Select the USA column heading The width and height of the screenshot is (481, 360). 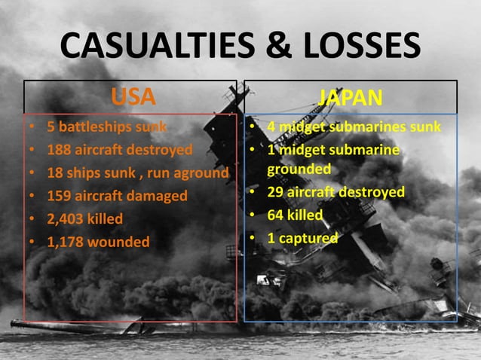coord(133,97)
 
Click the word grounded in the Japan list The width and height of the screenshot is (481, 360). coord(299,169)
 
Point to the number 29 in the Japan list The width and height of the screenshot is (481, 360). coord(276,192)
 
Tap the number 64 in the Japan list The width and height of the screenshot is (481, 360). coord(276,215)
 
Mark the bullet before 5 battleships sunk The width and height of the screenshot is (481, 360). coord(31,127)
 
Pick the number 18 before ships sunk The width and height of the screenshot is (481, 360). coord(55,172)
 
